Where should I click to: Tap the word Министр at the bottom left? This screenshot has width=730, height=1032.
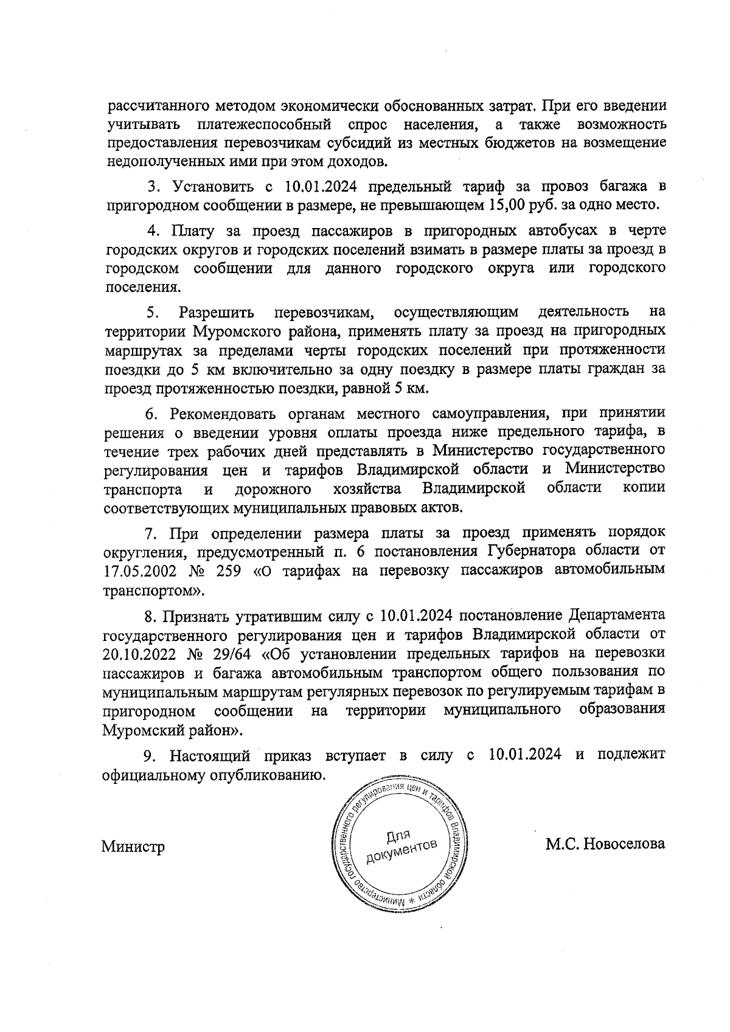pos(133,847)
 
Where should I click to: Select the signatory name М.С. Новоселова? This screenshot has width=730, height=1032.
pos(605,844)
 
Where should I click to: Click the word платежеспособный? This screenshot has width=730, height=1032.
pos(265,125)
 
